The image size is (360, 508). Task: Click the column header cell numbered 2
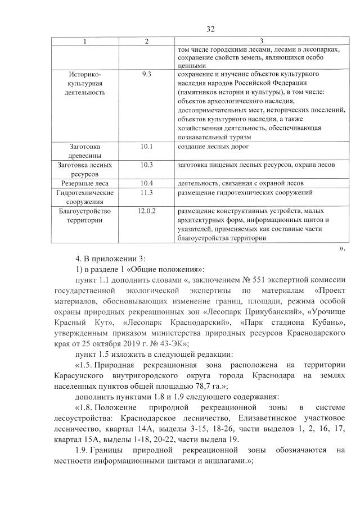[147, 42]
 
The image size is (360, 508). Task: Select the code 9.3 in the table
[147, 74]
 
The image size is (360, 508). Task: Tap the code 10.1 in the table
[147, 147]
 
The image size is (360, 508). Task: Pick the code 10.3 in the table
[147, 165]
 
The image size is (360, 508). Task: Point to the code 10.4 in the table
[147, 183]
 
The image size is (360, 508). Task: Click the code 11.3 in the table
[147, 193]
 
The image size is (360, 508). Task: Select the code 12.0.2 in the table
[147, 211]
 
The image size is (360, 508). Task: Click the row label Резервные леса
[85, 183]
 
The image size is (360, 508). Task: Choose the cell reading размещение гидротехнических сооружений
[245, 193]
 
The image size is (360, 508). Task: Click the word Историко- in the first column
[85, 74]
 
